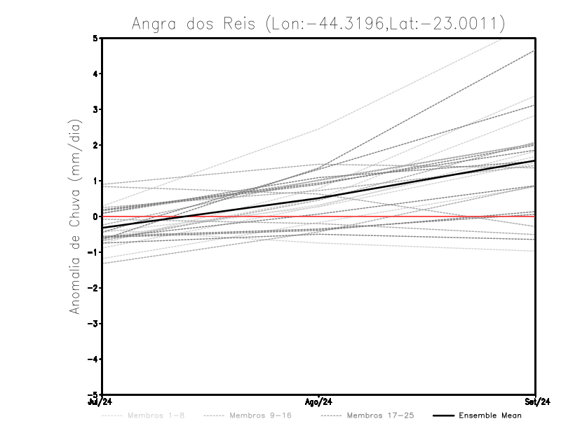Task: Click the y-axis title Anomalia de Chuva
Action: (x=75, y=216)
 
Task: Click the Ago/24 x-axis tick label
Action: (x=318, y=401)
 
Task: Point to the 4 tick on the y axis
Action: (x=95, y=74)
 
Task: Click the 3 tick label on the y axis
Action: (x=95, y=109)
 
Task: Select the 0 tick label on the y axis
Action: (x=95, y=216)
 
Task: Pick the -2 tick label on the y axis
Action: (x=93, y=288)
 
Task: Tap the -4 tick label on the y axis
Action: (x=93, y=359)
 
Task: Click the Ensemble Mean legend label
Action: (x=490, y=415)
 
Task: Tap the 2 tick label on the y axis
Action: (x=95, y=145)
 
